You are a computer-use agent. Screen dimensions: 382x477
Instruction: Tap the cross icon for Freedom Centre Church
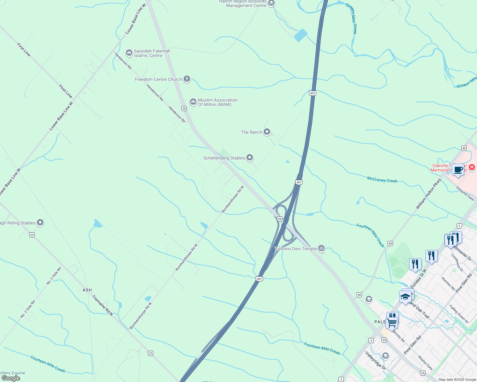pyautogui.click(x=187, y=79)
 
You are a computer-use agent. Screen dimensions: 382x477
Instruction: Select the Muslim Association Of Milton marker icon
pyautogui.click(x=193, y=102)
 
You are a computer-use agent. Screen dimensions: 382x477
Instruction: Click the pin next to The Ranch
pyautogui.click(x=267, y=132)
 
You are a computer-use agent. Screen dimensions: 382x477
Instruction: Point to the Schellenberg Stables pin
pyautogui.click(x=250, y=158)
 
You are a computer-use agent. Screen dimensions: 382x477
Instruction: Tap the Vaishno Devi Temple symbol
pyautogui.click(x=321, y=248)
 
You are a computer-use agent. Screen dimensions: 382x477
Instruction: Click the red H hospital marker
pyautogui.click(x=472, y=167)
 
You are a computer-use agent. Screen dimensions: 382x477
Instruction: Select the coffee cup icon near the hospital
pyautogui.click(x=458, y=170)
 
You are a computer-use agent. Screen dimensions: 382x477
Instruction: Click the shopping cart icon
pyautogui.click(x=392, y=322)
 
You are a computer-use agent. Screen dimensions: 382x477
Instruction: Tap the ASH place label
pyautogui.click(x=87, y=290)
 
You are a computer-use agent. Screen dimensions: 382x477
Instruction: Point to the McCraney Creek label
pyautogui.click(x=382, y=180)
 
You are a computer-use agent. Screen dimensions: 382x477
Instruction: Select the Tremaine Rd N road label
pyautogui.click(x=103, y=305)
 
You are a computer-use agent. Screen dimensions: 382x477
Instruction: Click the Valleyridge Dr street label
pyautogui.click(x=376, y=360)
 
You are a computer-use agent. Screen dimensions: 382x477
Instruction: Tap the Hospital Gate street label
pyautogui.click(x=465, y=193)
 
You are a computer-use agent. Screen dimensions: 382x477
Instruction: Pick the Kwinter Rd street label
pyautogui.click(x=448, y=284)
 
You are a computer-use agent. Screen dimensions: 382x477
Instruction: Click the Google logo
pyautogui.click(x=11, y=378)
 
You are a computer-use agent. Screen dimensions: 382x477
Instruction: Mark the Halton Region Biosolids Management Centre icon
pyautogui.click(x=271, y=4)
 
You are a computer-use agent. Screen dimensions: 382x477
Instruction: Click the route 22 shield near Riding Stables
pyautogui.click(x=32, y=235)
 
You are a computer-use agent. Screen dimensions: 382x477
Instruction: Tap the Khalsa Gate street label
pyautogui.click(x=425, y=363)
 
